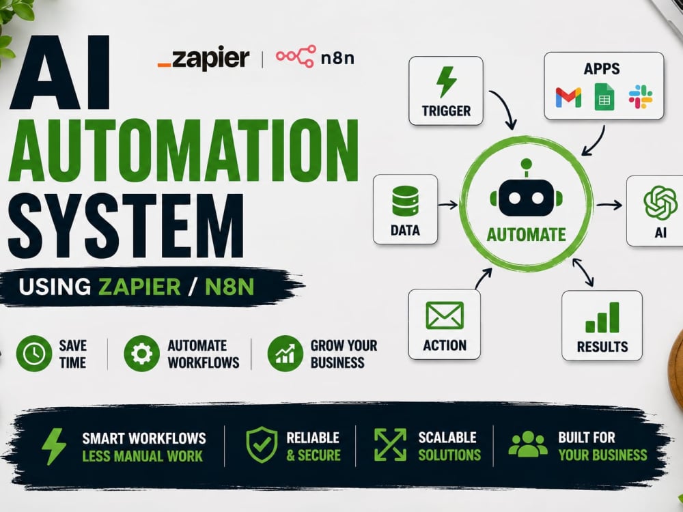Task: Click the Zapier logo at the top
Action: (x=204, y=58)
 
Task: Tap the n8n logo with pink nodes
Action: (x=315, y=57)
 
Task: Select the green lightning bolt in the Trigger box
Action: (x=446, y=83)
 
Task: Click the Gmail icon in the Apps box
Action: (x=568, y=98)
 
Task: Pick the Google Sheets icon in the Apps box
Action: (x=604, y=97)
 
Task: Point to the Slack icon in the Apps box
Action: (x=641, y=97)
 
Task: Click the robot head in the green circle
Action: (x=526, y=192)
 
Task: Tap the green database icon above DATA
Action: (x=405, y=201)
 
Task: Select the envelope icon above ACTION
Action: (x=445, y=315)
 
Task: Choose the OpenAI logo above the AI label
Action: (x=660, y=203)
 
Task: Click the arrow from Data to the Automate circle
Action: (x=448, y=204)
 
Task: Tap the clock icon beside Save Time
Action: (x=34, y=353)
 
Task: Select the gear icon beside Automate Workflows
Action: (x=141, y=353)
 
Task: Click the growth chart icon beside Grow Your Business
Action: (x=285, y=353)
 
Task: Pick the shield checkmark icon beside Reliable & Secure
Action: (x=262, y=444)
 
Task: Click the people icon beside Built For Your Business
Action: (x=528, y=444)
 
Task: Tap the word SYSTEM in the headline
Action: (x=126, y=226)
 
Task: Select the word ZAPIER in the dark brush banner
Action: (x=139, y=287)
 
